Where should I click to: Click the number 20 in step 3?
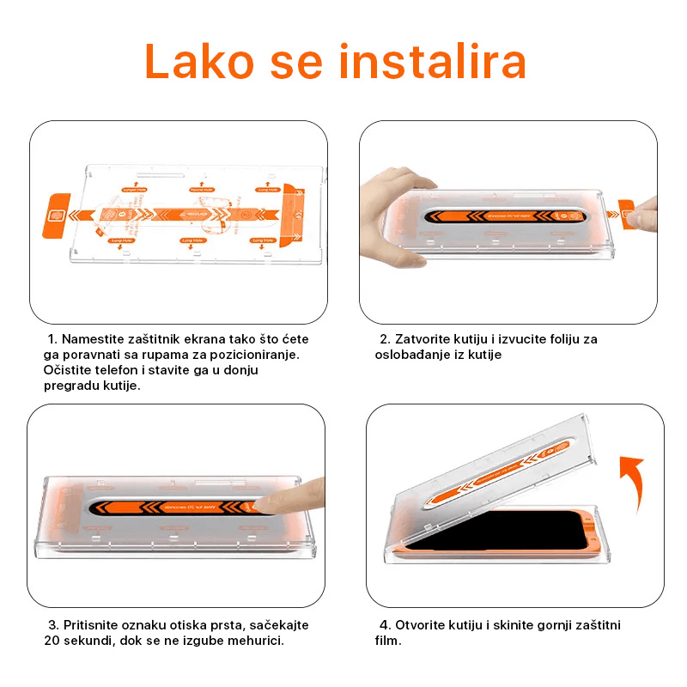pyautogui.click(x=53, y=641)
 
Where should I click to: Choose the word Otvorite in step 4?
pyautogui.click(x=423, y=625)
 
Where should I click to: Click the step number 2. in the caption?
pyautogui.click(x=385, y=339)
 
